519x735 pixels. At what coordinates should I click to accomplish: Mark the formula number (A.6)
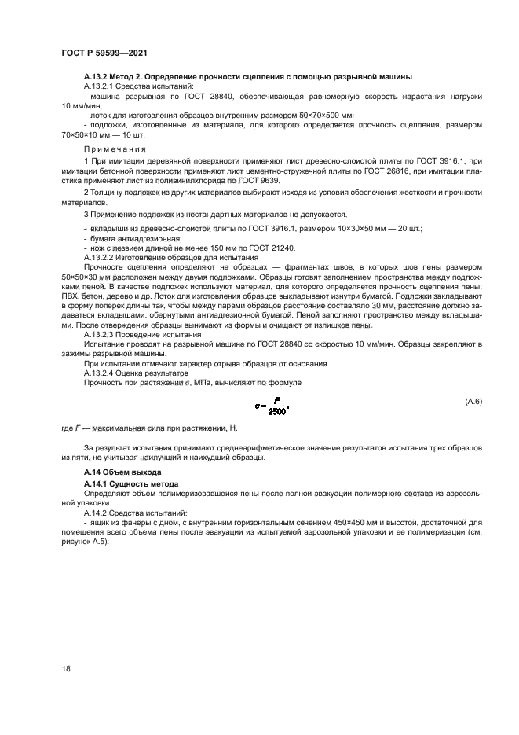click(x=472, y=401)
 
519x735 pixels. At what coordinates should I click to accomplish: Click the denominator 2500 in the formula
click(x=276, y=411)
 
